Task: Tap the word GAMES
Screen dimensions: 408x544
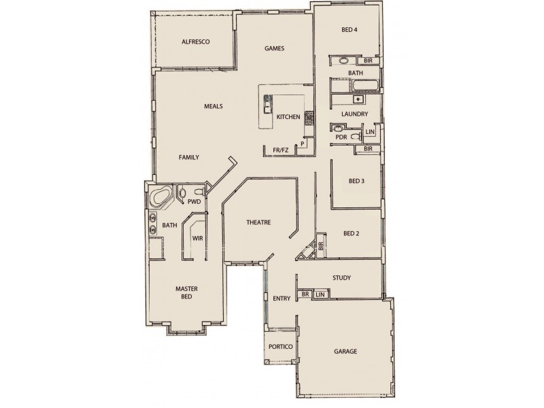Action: click(274, 48)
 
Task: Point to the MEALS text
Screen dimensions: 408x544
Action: click(214, 106)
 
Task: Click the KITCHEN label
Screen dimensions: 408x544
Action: click(288, 117)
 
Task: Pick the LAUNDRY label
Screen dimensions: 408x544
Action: click(355, 114)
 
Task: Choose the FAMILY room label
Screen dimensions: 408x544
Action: click(188, 158)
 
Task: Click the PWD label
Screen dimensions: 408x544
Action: click(194, 201)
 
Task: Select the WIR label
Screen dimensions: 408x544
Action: click(198, 239)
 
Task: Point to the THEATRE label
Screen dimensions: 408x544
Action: click(259, 222)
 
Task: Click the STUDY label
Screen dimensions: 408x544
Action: click(341, 278)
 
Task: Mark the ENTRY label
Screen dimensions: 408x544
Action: click(282, 299)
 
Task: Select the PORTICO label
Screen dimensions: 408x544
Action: click(280, 347)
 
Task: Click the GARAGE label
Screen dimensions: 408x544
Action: click(345, 352)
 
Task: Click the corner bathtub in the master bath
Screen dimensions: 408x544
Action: click(160, 199)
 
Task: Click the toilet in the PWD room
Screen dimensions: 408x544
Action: click(183, 193)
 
